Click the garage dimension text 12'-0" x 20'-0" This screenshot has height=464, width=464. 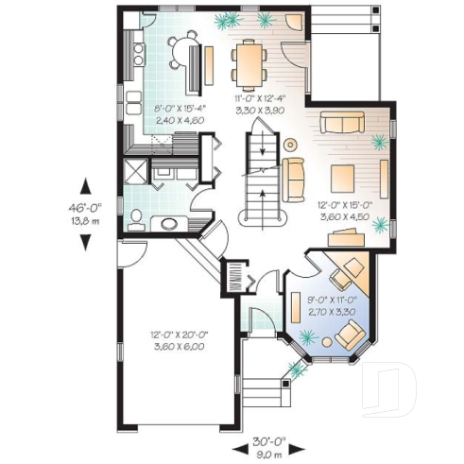[x=178, y=341]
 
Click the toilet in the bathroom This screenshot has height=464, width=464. [x=135, y=219]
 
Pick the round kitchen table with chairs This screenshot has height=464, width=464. [x=184, y=45]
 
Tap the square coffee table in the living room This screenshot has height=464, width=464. [x=341, y=175]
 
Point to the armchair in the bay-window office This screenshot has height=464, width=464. [x=351, y=333]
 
